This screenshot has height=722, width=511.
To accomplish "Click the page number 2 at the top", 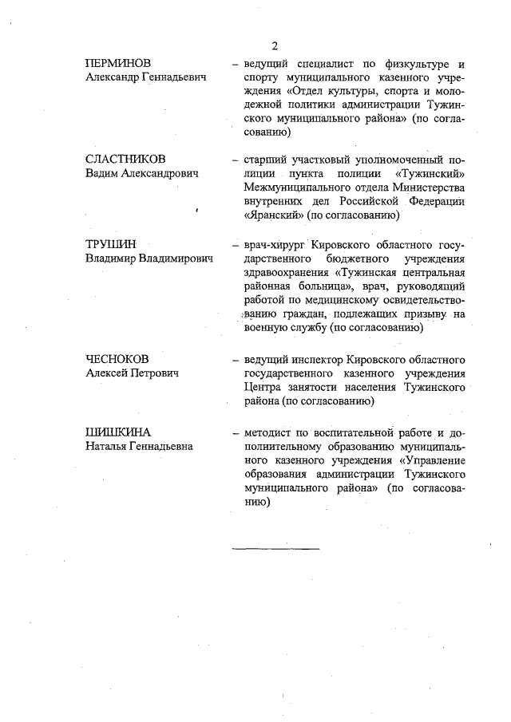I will pos(274,45).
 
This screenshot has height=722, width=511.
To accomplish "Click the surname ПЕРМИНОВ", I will pos(119,63).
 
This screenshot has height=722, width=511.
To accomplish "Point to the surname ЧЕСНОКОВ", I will pos(118,358).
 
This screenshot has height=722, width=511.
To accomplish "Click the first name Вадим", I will pos(102,173).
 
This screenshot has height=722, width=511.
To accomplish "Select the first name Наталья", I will pos(108,447).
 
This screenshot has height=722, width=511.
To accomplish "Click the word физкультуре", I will pos(404,64).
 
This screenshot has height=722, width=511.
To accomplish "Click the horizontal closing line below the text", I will pos(275,549).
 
